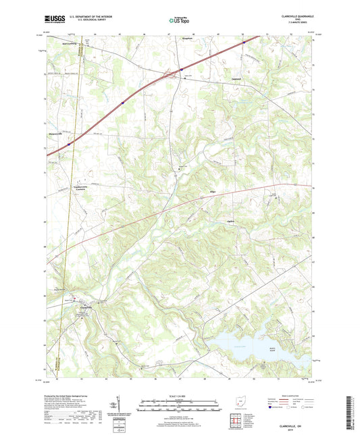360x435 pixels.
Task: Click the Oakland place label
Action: (x=230, y=79)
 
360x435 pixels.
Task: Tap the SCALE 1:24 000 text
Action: (x=179, y=396)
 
